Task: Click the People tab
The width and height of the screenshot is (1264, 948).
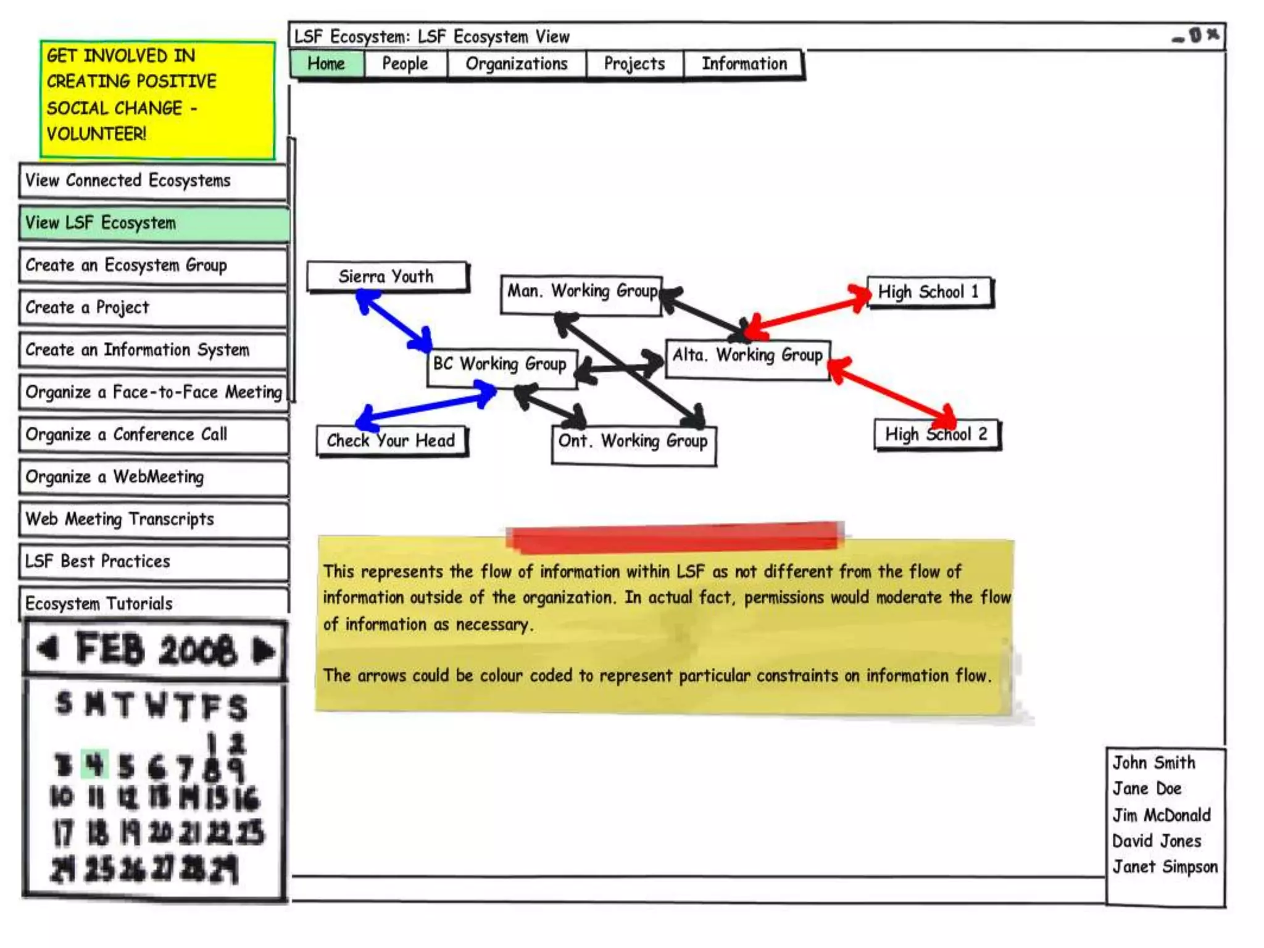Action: [405, 64]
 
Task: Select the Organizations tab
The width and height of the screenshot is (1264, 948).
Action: [517, 64]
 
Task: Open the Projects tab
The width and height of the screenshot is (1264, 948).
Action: [634, 64]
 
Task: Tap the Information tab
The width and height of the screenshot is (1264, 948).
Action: [744, 64]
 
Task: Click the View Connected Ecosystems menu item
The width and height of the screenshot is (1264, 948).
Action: [153, 181]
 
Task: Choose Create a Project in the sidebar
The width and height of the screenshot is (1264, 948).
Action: [153, 307]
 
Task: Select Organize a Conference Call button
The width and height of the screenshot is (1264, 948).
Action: [153, 434]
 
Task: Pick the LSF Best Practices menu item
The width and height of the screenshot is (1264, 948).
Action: [153, 562]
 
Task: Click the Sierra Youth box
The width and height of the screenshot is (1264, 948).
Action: [387, 276]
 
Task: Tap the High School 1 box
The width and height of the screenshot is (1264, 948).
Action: [929, 292]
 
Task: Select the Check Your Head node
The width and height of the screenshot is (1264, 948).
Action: [391, 441]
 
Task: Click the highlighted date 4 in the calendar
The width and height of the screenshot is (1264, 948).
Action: [94, 765]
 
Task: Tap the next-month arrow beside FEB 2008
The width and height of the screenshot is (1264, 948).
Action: [264, 650]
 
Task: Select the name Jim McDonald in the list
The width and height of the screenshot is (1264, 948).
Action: [1162, 815]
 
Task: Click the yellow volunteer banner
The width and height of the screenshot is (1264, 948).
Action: [157, 99]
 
